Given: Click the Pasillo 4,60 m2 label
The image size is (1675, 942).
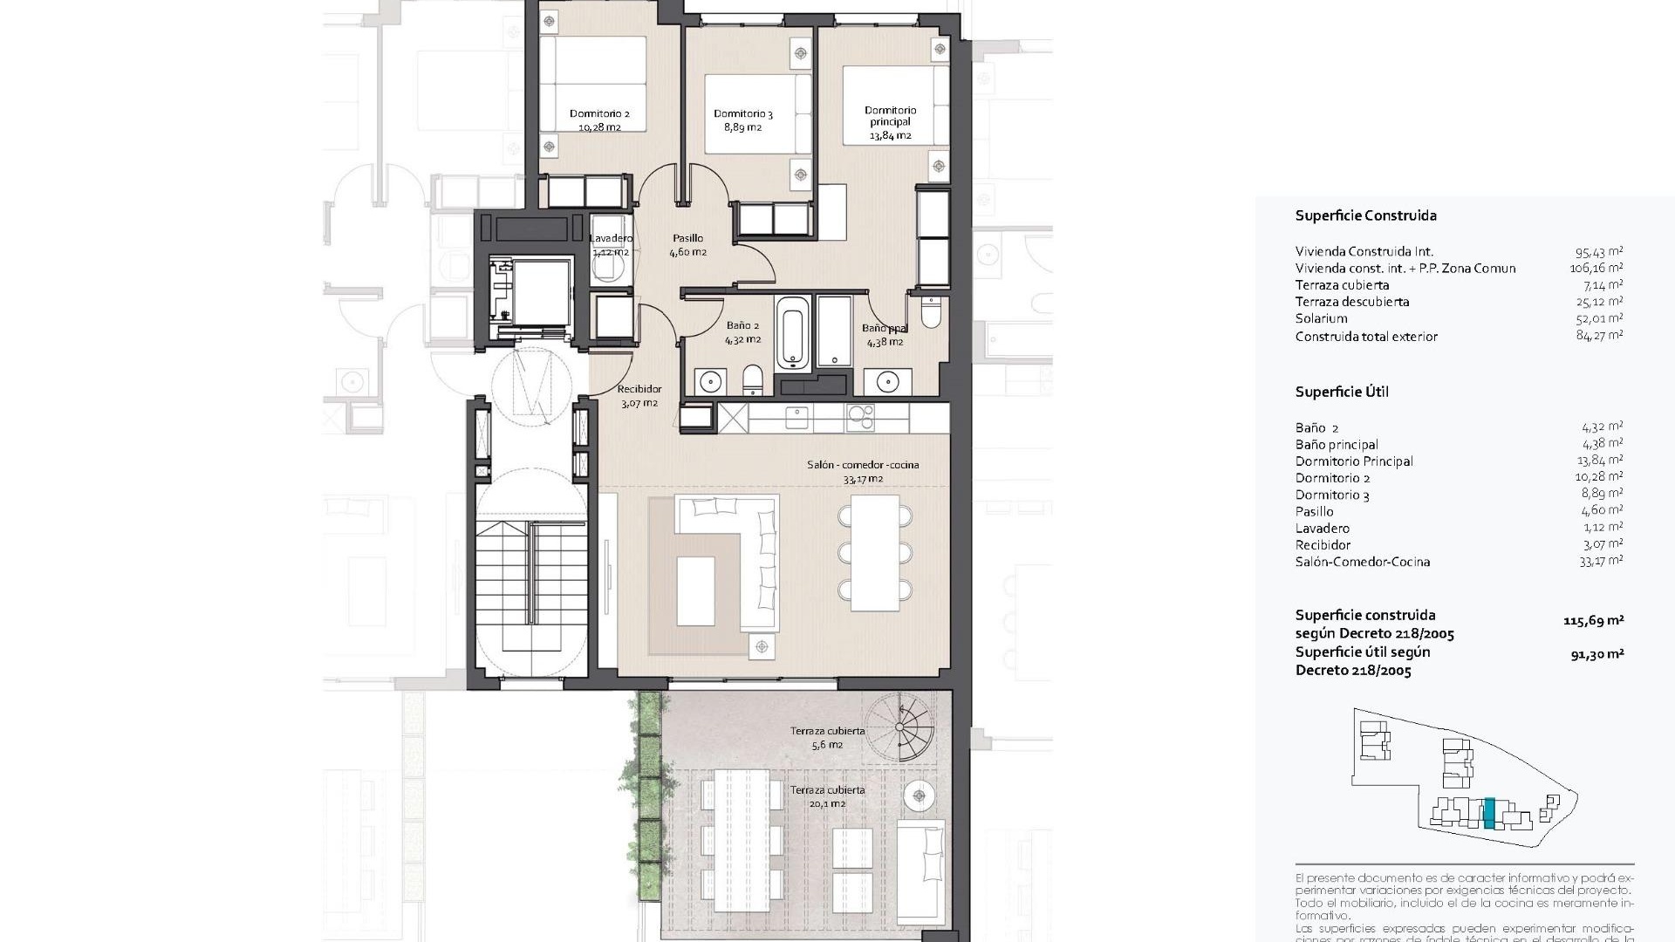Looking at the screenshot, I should pyautogui.click(x=687, y=245).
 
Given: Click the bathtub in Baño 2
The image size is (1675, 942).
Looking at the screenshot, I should pyautogui.click(x=793, y=331).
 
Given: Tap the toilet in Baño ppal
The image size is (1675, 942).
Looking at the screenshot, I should pyautogui.click(x=931, y=312).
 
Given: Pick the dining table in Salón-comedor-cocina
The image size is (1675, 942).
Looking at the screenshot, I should pyautogui.click(x=875, y=553).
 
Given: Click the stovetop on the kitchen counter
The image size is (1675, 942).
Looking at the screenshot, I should pyautogui.click(x=860, y=418).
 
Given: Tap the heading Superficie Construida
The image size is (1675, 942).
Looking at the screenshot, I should pyautogui.click(x=1365, y=215).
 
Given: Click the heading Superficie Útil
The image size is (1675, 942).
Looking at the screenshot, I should pyautogui.click(x=1342, y=392).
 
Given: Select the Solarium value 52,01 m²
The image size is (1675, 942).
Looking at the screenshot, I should pyautogui.click(x=1599, y=318).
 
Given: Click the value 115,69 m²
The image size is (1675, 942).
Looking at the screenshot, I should pyautogui.click(x=1593, y=621).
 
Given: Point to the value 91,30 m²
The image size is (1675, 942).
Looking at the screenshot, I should pyautogui.click(x=1596, y=653).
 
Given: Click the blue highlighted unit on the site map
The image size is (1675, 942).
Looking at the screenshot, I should pyautogui.click(x=1489, y=813).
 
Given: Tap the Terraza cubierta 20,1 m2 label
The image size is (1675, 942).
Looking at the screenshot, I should pyautogui.click(x=827, y=796).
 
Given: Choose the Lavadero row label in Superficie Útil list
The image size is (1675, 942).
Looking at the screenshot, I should pyautogui.click(x=1322, y=529).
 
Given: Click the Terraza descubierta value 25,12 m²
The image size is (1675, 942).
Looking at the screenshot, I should pyautogui.click(x=1599, y=302).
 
